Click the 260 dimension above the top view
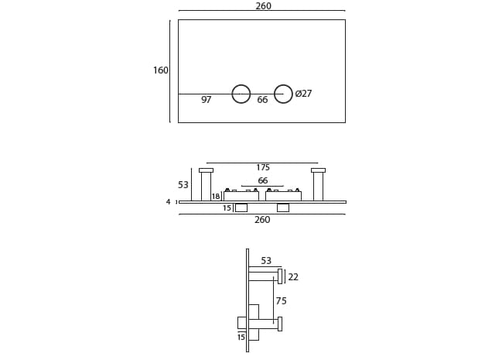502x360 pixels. point(263,6)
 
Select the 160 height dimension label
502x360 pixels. point(160,70)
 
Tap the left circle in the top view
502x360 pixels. point(241,94)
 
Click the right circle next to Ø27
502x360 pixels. point(283,94)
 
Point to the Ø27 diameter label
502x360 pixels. point(303,94)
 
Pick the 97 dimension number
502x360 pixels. point(206,100)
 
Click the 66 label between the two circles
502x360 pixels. point(262,100)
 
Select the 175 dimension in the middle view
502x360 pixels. point(263,167)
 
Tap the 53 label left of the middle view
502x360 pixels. point(183,185)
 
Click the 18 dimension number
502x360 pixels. point(216,197)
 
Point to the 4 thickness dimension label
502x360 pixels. point(168,202)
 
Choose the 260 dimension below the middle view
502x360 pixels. point(262,220)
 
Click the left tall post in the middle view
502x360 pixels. point(206,185)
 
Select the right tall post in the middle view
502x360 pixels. point(318,185)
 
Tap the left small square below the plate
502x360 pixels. point(241,207)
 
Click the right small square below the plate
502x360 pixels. point(283,207)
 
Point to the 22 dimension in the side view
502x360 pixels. point(293,277)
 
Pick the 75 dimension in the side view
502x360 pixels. point(281,301)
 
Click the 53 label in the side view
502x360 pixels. point(266,261)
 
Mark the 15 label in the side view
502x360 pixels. point(241,338)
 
